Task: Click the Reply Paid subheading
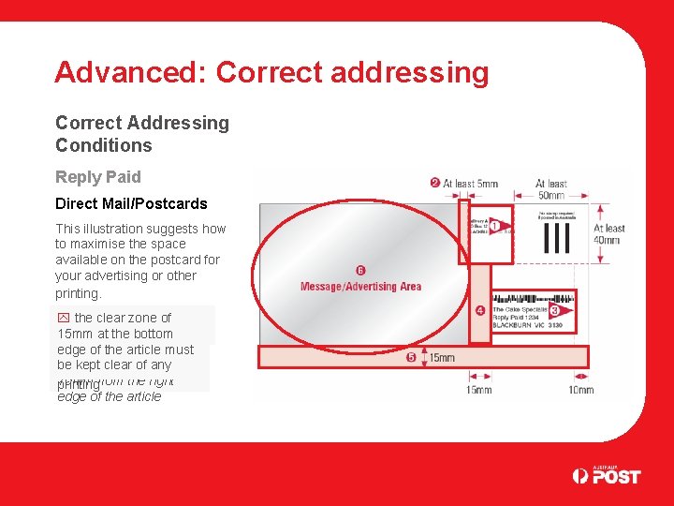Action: (x=98, y=177)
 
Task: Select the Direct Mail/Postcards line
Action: (x=131, y=203)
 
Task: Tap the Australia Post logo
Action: (x=607, y=475)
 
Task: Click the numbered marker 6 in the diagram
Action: (x=360, y=271)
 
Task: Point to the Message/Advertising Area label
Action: (x=360, y=286)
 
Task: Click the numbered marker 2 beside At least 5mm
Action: (x=435, y=183)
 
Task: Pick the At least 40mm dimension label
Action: (x=608, y=234)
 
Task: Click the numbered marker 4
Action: (x=479, y=310)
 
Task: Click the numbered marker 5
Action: (x=411, y=357)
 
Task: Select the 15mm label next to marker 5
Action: (x=439, y=358)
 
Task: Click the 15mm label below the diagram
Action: (x=478, y=389)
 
